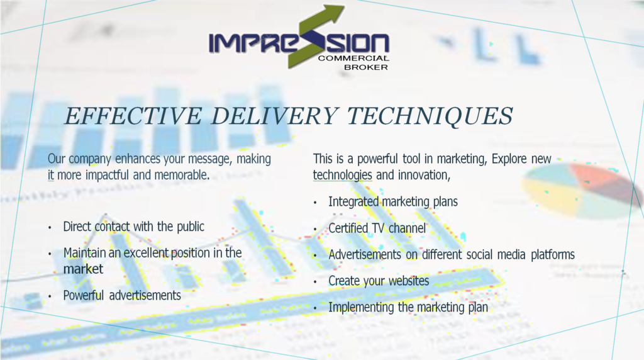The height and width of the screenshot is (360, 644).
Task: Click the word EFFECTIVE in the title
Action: click(x=133, y=115)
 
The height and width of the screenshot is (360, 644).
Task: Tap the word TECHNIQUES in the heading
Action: click(x=430, y=116)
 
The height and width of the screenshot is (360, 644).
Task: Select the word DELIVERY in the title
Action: click(x=275, y=115)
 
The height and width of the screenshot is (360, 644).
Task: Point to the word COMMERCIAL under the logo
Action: click(x=353, y=58)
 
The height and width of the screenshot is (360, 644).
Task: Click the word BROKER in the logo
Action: click(x=366, y=67)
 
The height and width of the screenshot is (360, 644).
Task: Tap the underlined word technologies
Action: click(x=343, y=175)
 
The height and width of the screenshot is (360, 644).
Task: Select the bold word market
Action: click(x=84, y=269)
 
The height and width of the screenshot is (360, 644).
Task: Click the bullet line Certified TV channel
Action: click(x=377, y=228)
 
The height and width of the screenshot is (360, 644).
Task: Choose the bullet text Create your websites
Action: click(x=379, y=281)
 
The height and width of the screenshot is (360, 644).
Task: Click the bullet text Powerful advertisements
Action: click(x=122, y=295)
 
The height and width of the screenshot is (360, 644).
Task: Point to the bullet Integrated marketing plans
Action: click(x=393, y=202)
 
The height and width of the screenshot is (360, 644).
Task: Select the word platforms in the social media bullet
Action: click(x=553, y=255)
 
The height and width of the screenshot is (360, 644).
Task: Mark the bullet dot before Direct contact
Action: click(x=50, y=227)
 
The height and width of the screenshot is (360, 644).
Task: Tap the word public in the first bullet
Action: click(x=191, y=227)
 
